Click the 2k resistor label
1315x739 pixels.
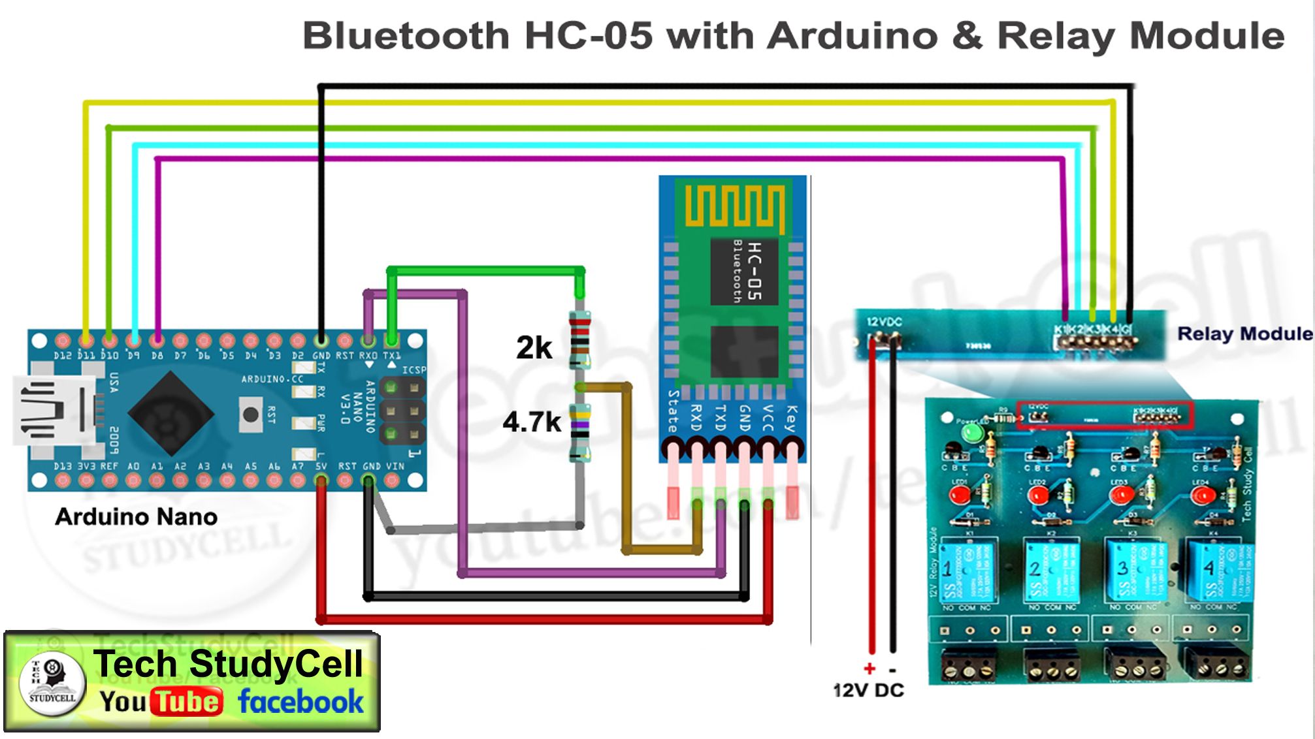click(x=534, y=347)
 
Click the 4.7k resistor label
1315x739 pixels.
click(x=531, y=422)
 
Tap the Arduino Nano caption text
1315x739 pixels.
click(x=136, y=517)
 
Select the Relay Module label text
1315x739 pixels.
click(x=1244, y=334)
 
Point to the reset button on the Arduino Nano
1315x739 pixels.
click(x=250, y=414)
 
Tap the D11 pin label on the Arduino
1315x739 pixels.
click(x=86, y=356)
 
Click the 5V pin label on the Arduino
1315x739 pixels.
click(x=321, y=466)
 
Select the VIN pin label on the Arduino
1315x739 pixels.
click(x=395, y=466)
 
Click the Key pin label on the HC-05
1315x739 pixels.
click(x=791, y=418)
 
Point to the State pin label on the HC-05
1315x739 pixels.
click(x=672, y=411)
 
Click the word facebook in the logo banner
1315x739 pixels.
click(x=300, y=702)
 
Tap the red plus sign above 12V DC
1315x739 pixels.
click(x=869, y=668)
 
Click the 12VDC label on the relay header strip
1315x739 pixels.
click(x=884, y=322)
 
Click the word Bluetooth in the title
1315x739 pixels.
click(x=405, y=35)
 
